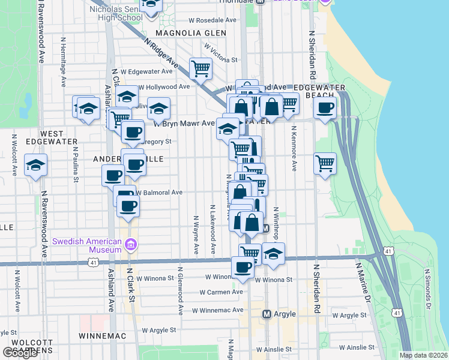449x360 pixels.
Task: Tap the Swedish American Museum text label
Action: (87, 242)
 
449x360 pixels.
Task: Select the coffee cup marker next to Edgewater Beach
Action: (325, 108)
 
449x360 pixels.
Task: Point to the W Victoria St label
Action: (221, 52)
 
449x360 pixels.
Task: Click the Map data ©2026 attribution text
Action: (424, 355)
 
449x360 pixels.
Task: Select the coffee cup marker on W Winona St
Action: (243, 268)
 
